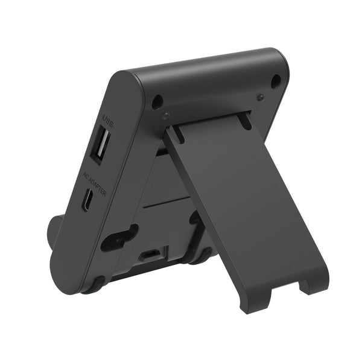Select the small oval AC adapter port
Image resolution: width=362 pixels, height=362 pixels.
[x=88, y=199]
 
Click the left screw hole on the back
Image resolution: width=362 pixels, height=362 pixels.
[x=157, y=101]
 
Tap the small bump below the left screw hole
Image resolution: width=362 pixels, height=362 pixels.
[x=165, y=115]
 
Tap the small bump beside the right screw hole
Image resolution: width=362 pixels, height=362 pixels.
[x=260, y=97]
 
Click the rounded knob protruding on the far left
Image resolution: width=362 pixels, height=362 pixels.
[x=54, y=230]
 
